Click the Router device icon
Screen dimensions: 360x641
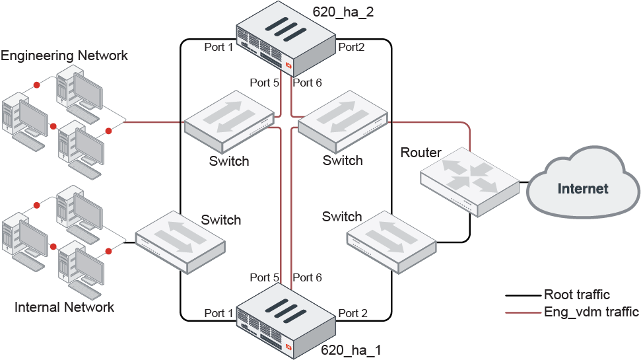[x=469, y=185]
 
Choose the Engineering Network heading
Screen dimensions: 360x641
[x=64, y=55]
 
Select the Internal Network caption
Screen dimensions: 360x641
[x=64, y=307]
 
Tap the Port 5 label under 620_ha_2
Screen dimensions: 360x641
[x=264, y=83]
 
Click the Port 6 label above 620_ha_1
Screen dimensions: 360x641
[x=307, y=277]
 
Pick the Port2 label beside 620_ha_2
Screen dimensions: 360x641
[x=352, y=47]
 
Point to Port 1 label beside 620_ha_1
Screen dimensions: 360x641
[x=219, y=312]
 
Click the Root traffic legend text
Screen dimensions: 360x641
[x=576, y=295]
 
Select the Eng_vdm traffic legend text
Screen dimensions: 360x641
[x=591, y=312]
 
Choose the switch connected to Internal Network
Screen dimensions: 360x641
[x=180, y=242]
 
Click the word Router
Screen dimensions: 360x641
[x=421, y=153]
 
